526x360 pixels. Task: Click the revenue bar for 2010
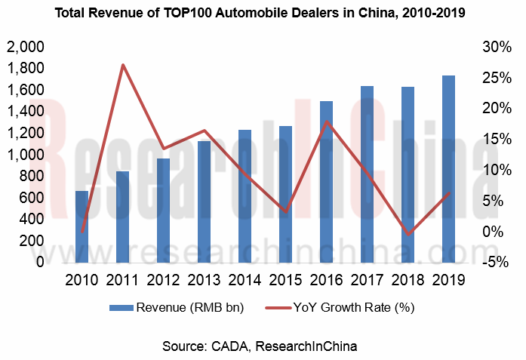tap(82, 226)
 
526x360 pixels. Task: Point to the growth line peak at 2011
tap(122, 65)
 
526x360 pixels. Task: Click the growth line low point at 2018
tap(408, 235)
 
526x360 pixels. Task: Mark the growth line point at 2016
tap(326, 122)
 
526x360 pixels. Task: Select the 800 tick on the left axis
tap(32, 177)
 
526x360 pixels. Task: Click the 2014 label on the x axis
tap(245, 280)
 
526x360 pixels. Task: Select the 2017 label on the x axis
tap(367, 280)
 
